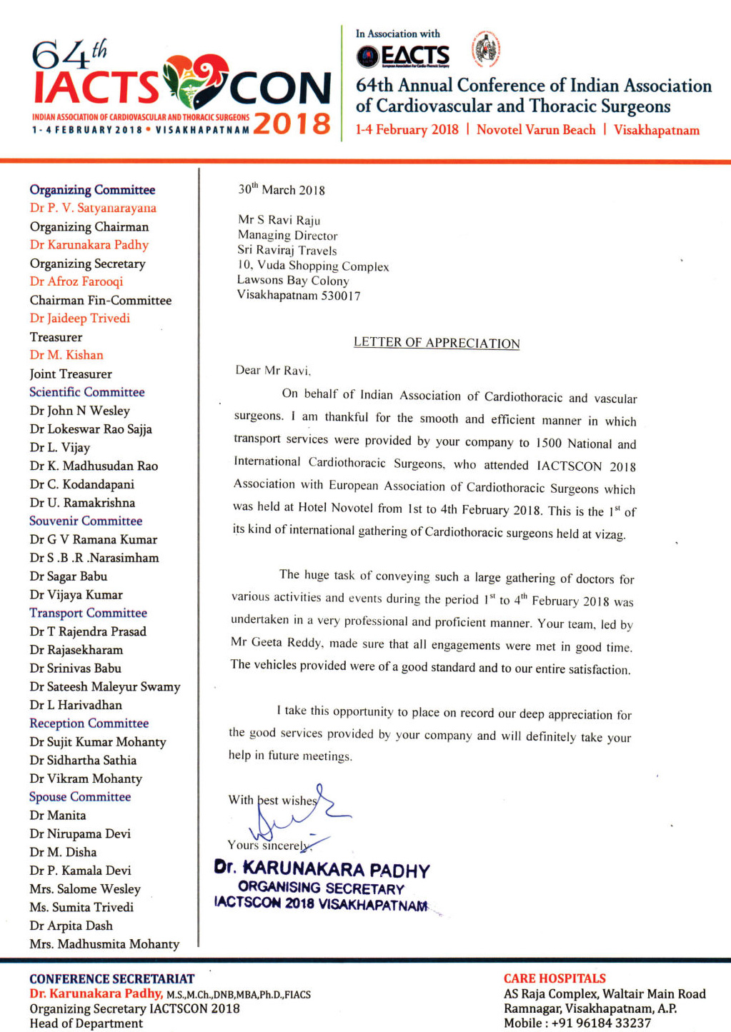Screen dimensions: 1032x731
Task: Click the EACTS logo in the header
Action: coord(404,56)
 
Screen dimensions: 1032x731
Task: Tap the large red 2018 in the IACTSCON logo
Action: coord(292,124)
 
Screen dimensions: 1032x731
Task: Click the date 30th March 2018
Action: coord(282,190)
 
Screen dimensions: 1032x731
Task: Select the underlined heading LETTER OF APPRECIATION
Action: coord(437,343)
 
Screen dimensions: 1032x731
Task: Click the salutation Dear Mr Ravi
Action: coord(273,370)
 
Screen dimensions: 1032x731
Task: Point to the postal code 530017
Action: coord(341,296)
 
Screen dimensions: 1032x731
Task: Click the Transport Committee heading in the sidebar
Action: coord(88,613)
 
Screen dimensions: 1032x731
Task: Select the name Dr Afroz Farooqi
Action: coord(76,281)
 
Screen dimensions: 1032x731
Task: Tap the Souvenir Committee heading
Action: coord(86,521)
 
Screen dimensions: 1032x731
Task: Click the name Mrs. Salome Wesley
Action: coord(85,889)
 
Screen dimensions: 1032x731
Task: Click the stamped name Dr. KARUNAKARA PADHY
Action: coord(322,869)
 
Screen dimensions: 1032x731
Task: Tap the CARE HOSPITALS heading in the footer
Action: coord(555,978)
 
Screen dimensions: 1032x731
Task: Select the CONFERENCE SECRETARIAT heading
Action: coord(111,978)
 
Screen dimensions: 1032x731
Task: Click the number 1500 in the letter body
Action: coord(549,443)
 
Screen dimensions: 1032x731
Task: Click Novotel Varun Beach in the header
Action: coord(536,130)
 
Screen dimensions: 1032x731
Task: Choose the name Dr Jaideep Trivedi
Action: coord(80,319)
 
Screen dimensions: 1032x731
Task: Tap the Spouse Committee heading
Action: coord(80,796)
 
